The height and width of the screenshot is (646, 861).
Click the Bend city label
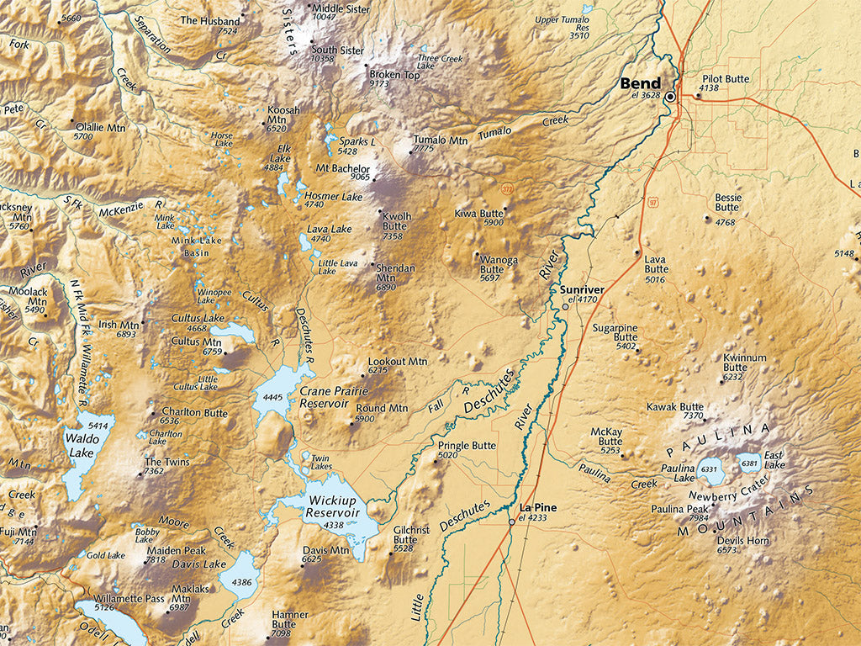coord(640,83)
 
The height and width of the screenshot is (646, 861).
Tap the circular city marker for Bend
coord(670,97)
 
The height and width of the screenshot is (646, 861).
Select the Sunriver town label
coord(582,289)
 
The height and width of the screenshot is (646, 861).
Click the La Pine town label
coord(538,507)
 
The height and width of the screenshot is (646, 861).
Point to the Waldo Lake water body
coord(84,454)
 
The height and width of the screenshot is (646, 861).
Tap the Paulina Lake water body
coord(710,472)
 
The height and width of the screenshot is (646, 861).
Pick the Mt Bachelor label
coord(342,168)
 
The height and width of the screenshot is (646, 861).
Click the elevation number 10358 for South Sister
coord(322,59)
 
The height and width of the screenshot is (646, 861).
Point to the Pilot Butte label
coord(725,79)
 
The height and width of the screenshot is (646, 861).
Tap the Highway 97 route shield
coord(653,202)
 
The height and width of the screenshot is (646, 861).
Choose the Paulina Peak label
coord(679,508)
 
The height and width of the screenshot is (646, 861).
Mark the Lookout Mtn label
coord(398,361)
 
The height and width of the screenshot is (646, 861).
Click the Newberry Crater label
coord(729,496)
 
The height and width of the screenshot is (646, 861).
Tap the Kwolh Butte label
coord(397,221)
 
